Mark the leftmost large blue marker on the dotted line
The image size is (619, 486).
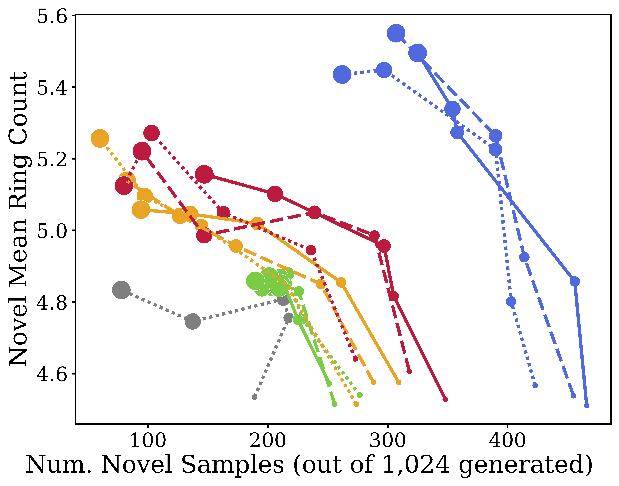pos(342,74)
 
